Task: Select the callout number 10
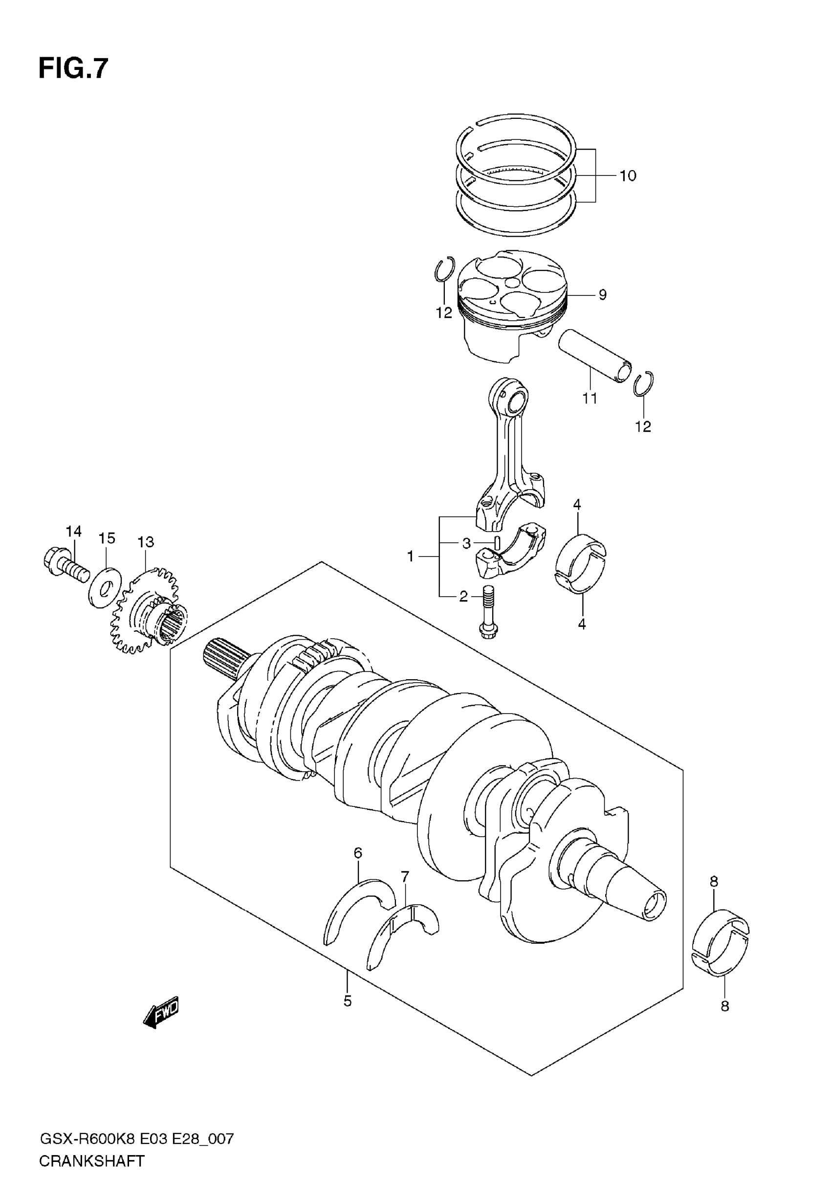pos(628,176)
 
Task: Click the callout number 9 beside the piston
pos(602,295)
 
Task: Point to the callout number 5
pos(347,1001)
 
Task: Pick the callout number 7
pos(405,876)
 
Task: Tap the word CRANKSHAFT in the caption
pos(91,1172)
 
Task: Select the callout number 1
pos(411,557)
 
